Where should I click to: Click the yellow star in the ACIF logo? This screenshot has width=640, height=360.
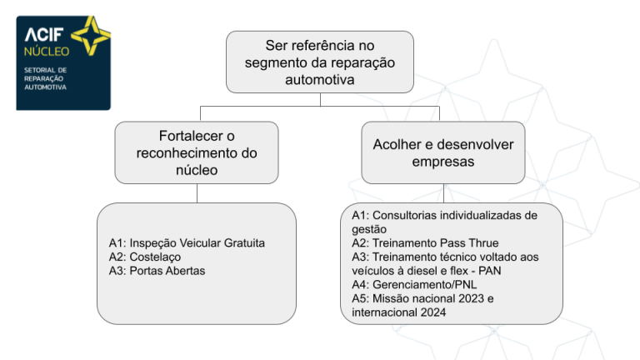tap(91, 36)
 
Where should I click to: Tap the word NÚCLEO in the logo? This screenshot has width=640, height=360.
tap(47, 51)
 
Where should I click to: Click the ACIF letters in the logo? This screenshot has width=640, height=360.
tap(44, 35)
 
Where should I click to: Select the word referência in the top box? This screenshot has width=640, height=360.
tap(323, 45)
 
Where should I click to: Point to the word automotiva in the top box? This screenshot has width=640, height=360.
tap(320, 80)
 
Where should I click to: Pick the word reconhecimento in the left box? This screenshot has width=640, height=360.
tap(188, 153)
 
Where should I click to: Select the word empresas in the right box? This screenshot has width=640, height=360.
tap(442, 162)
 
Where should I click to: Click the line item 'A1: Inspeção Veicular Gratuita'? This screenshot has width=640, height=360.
tap(187, 242)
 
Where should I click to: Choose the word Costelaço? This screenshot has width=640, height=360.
tap(155, 257)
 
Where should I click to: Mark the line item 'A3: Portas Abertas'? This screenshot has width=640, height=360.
tap(157, 271)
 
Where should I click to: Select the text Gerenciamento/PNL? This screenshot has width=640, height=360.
tap(424, 284)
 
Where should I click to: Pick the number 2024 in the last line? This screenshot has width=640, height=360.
tap(433, 312)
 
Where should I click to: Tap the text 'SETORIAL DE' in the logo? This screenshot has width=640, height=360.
tap(45, 70)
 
